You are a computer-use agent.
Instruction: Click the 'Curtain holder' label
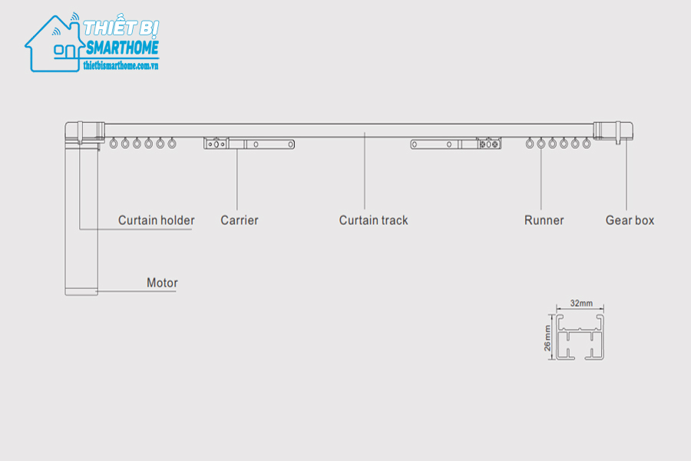click(156, 221)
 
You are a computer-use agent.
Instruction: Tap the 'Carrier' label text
click(240, 221)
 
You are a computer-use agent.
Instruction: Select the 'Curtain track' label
click(373, 221)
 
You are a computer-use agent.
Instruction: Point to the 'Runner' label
click(544, 221)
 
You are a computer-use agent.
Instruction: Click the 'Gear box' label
click(630, 221)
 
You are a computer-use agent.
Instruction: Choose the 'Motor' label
click(162, 283)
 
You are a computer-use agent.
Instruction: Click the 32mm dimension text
click(581, 303)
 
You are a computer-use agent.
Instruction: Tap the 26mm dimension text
click(547, 338)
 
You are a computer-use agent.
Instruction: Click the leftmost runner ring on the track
click(114, 143)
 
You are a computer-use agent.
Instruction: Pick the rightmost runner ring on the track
click(587, 143)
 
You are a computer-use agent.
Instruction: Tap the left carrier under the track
click(249, 144)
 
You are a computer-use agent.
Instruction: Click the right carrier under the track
click(455, 144)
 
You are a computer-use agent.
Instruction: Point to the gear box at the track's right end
click(613, 131)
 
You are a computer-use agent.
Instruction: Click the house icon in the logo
click(55, 44)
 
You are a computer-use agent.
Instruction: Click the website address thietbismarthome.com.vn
click(121, 66)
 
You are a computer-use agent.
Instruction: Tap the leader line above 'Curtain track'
click(365, 171)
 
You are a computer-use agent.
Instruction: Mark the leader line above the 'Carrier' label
click(237, 180)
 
